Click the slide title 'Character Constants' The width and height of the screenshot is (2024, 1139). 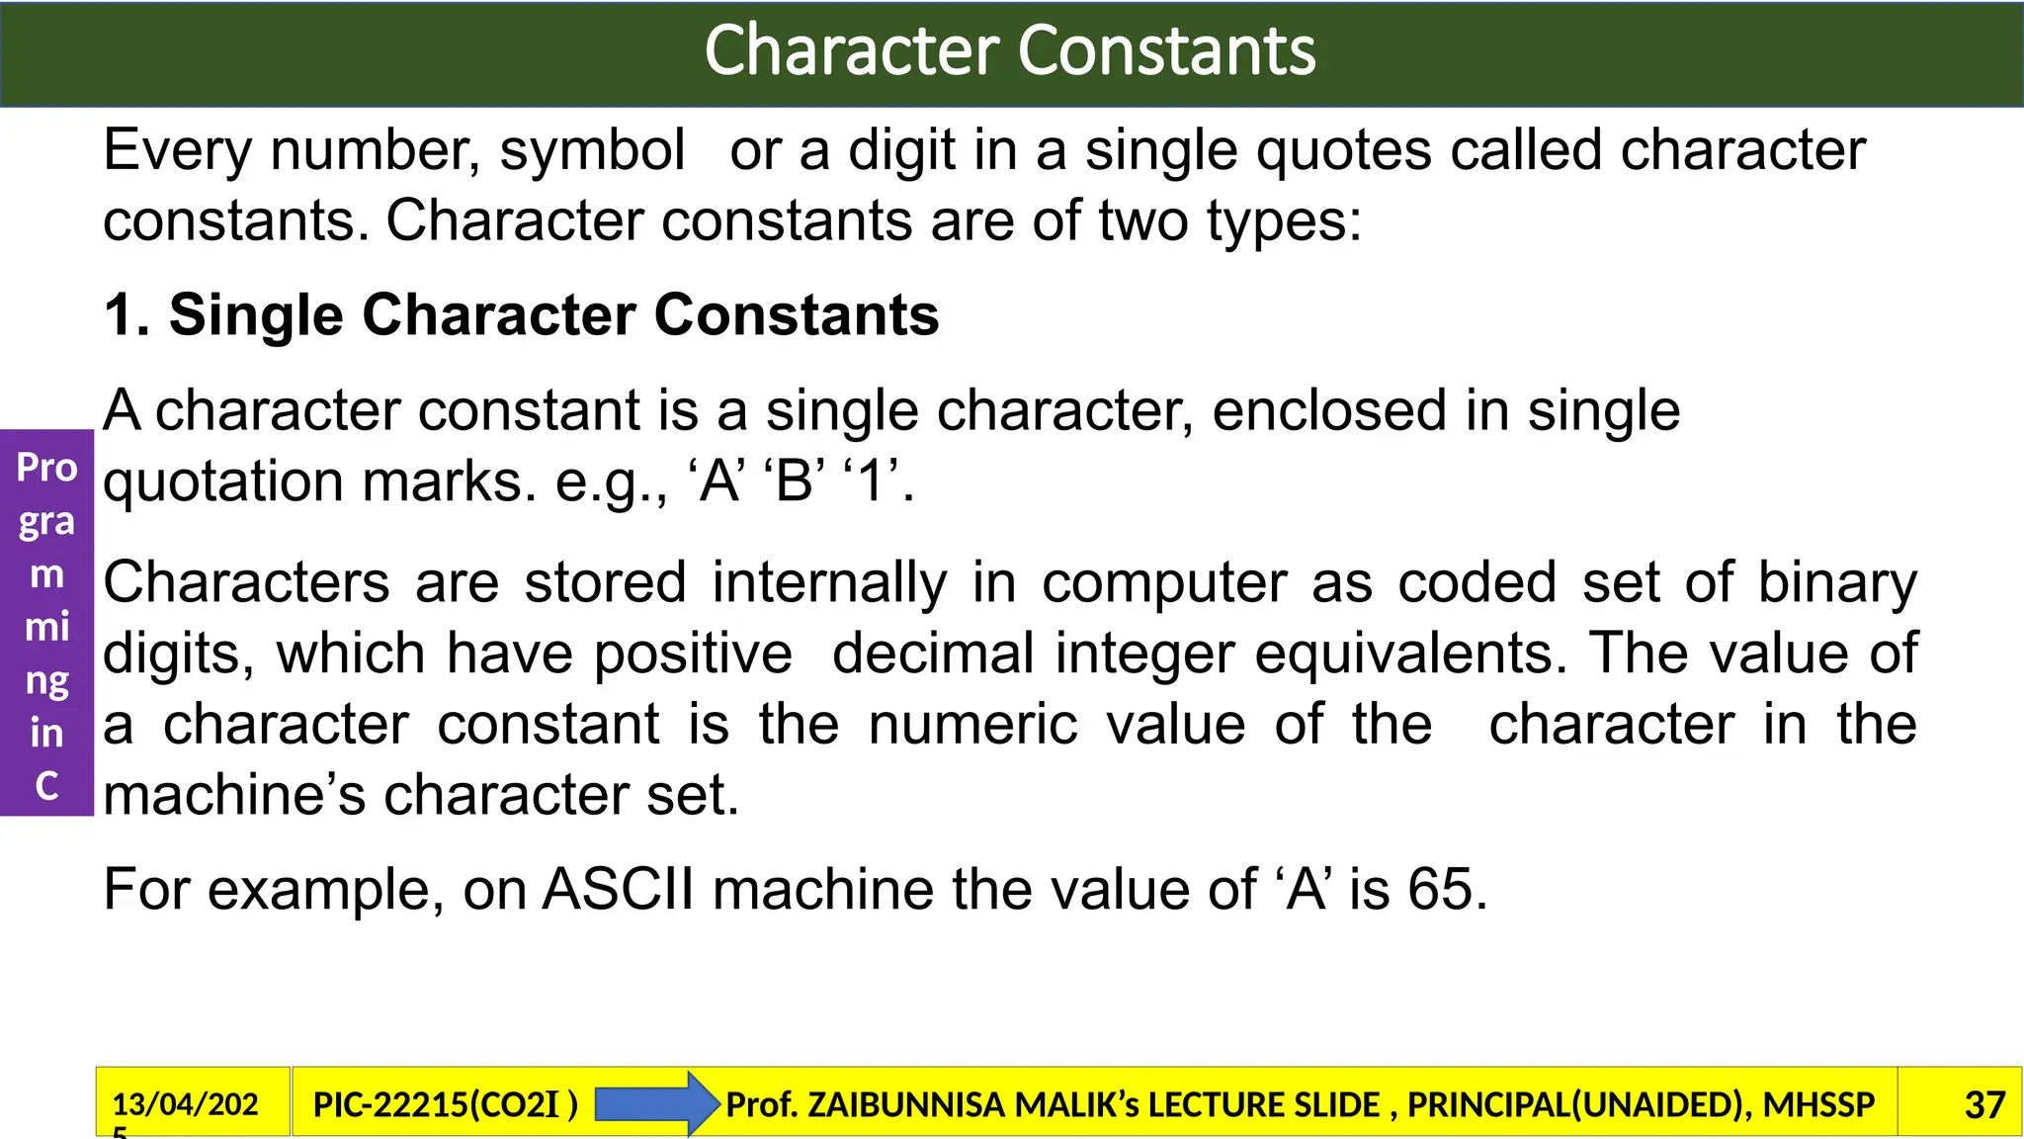click(x=1010, y=51)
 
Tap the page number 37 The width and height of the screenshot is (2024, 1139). click(x=1984, y=1104)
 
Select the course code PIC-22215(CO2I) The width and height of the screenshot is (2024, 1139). click(x=445, y=1104)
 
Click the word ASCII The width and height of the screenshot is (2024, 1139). click(x=619, y=889)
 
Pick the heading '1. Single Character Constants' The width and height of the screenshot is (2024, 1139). click(x=521, y=315)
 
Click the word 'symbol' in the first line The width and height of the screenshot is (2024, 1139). click(x=592, y=151)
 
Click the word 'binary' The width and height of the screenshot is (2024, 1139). click(x=1837, y=583)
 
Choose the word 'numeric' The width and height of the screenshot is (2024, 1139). click(x=972, y=725)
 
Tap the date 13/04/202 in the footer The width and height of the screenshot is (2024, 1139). click(x=185, y=1103)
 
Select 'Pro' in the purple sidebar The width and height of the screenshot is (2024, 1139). click(x=46, y=468)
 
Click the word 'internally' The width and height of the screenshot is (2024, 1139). click(x=829, y=583)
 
